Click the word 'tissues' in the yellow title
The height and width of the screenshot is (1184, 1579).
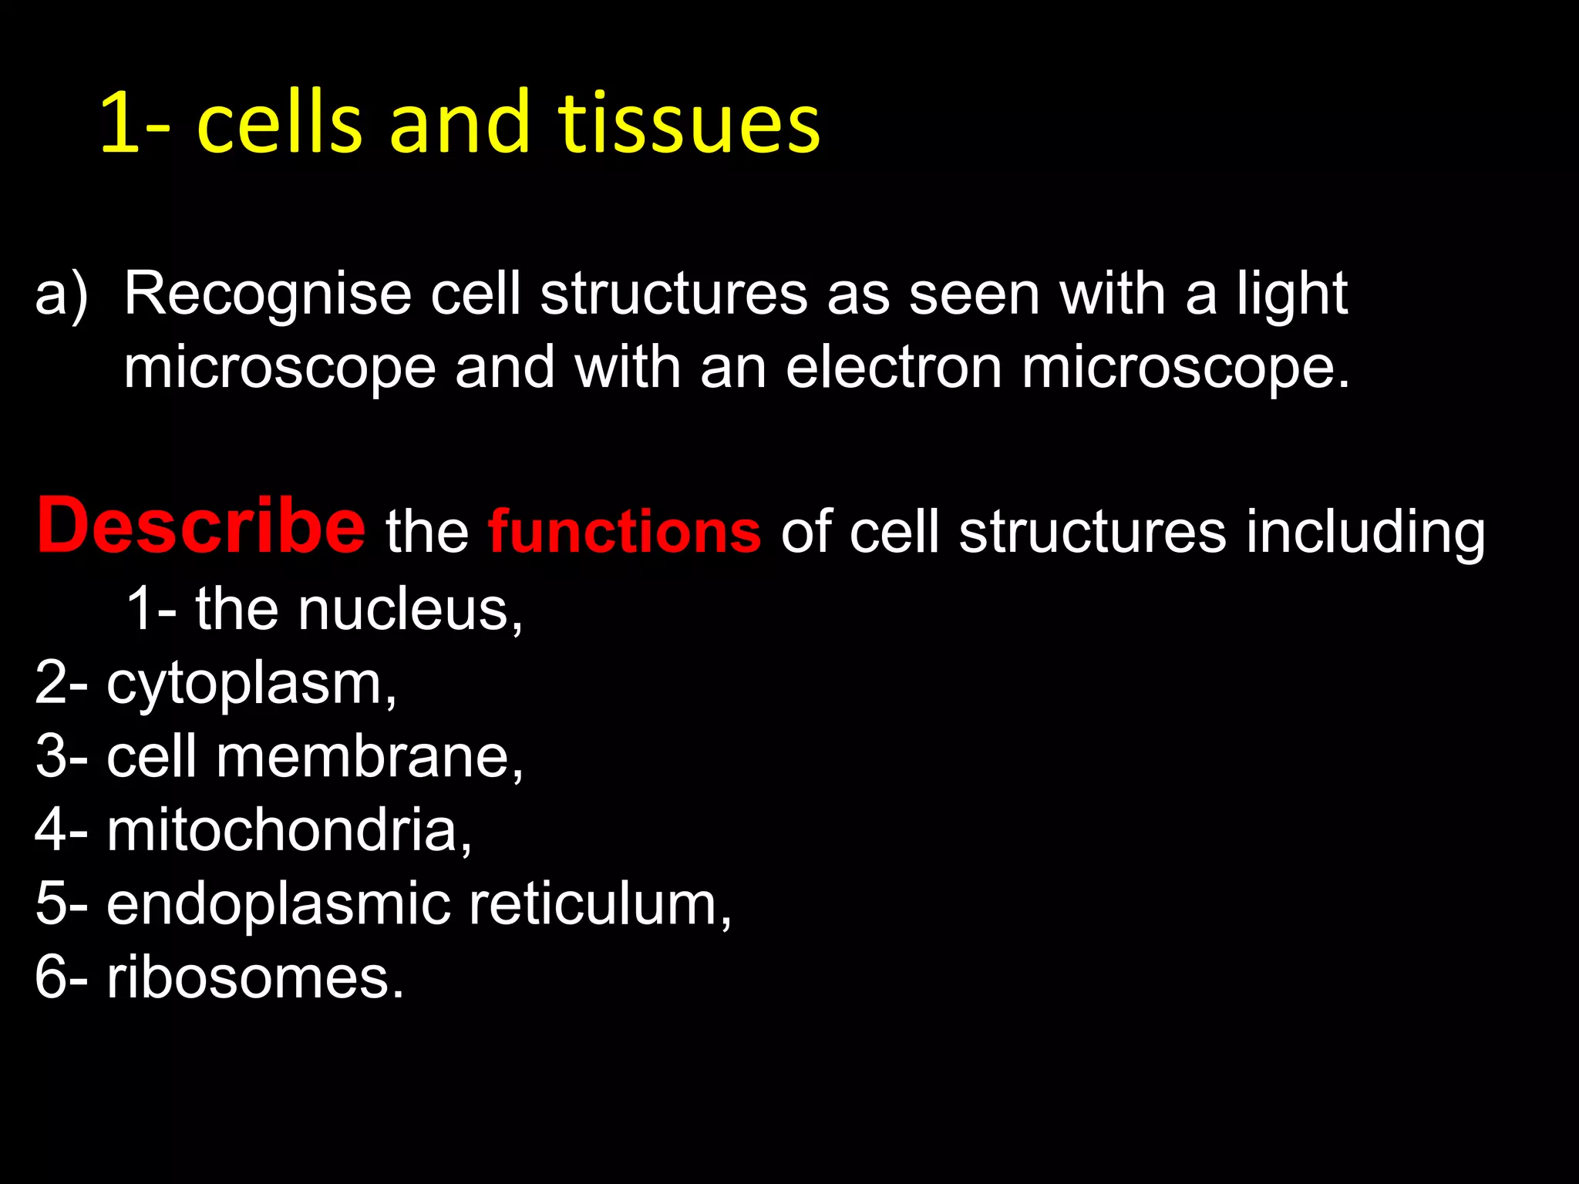[688, 123]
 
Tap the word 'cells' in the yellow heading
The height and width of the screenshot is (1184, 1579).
[279, 123]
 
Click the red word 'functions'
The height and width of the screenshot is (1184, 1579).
[625, 532]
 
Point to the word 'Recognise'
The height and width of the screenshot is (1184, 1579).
[268, 294]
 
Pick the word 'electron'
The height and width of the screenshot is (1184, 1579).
[894, 368]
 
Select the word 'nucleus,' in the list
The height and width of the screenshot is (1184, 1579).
[410, 609]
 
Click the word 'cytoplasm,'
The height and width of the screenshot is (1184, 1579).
[251, 684]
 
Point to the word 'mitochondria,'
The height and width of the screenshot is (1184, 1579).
[289, 830]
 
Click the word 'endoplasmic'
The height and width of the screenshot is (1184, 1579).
[278, 905]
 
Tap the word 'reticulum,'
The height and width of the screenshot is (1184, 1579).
[601, 903]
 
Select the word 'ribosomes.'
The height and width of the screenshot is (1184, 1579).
[255, 977]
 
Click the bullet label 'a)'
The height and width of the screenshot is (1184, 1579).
[62, 296]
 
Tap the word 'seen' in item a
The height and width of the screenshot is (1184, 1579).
[975, 294]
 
